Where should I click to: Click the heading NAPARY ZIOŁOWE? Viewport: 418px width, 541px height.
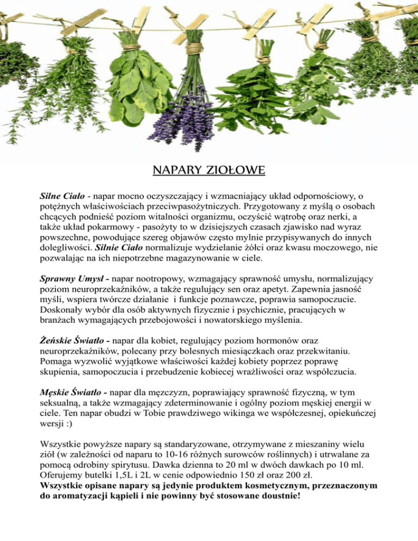209,172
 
